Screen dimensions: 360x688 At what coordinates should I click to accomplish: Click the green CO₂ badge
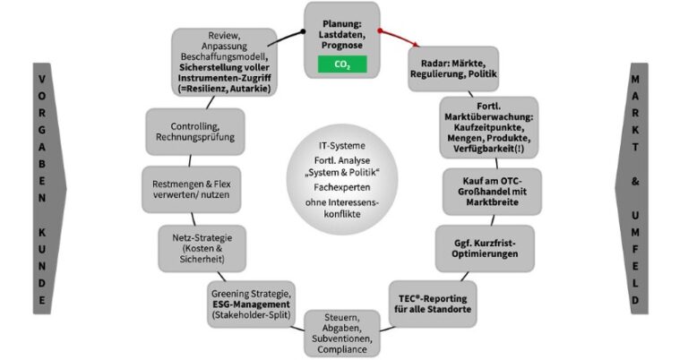coord(341,64)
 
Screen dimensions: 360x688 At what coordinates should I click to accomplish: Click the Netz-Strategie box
coord(195,247)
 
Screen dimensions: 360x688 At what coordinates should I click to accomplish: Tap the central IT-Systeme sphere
coord(341,184)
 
